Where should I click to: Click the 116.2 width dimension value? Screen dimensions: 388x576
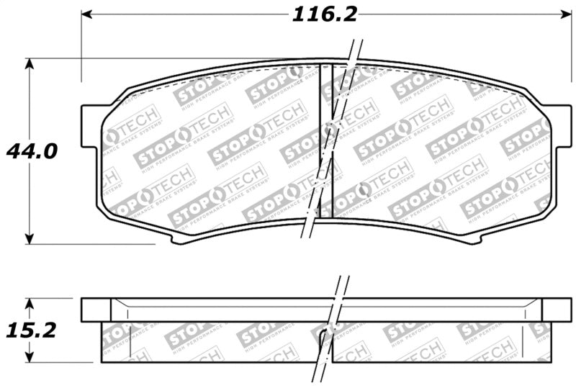tap(324, 14)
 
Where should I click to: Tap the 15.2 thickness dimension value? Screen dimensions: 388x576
tap(30, 330)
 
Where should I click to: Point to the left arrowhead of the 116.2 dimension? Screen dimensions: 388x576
tap(86, 14)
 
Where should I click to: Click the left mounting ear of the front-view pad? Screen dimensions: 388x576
tap(91, 126)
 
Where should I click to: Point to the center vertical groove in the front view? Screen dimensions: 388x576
tap(325, 144)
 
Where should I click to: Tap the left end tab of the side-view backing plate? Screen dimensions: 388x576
tap(95, 310)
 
